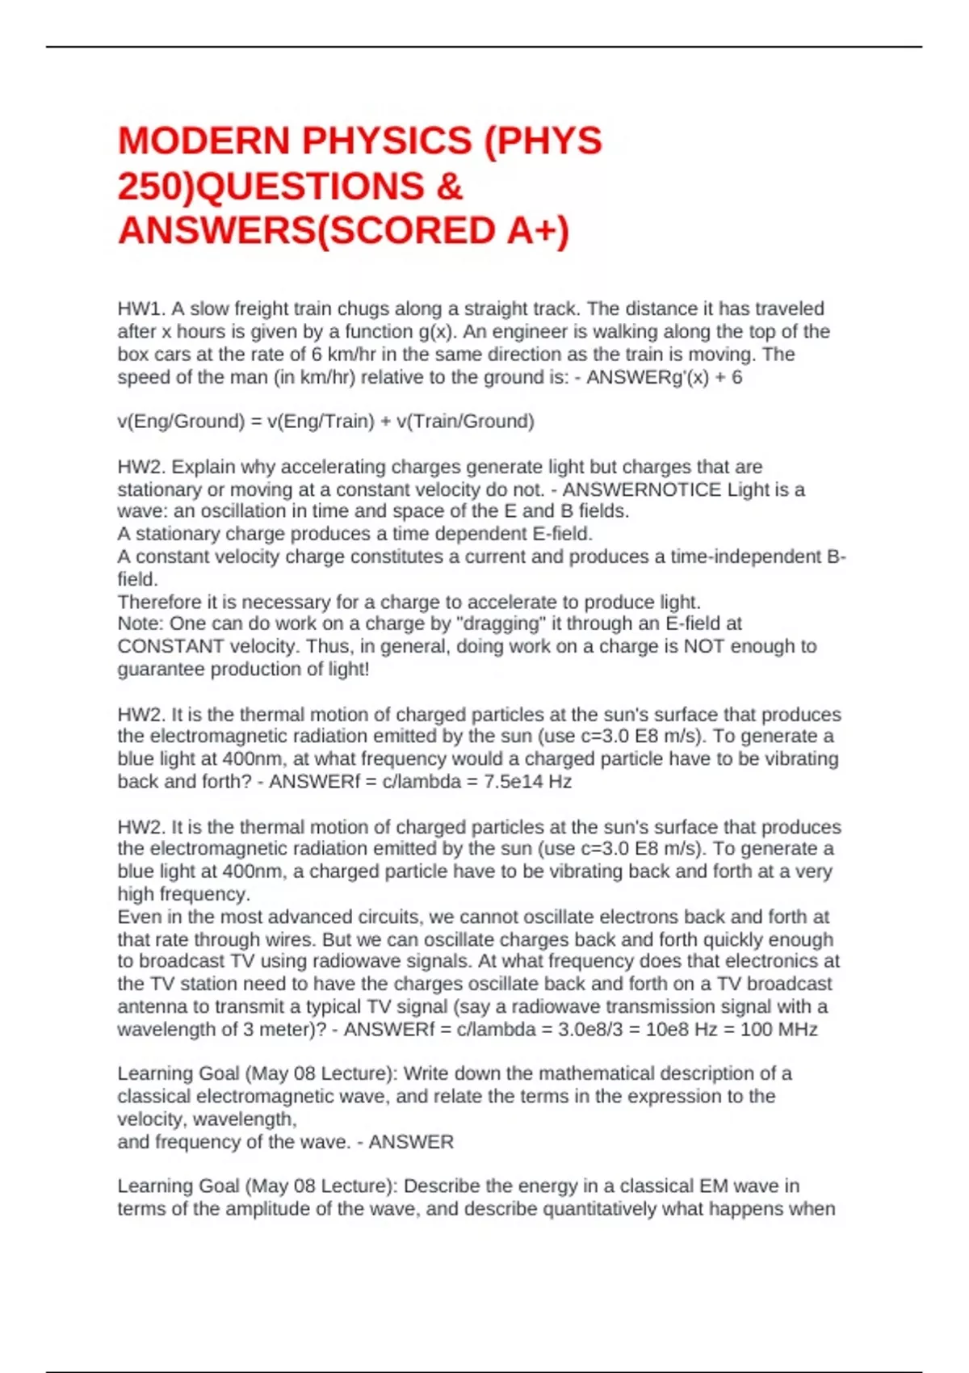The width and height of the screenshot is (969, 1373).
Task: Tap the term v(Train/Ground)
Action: (465, 421)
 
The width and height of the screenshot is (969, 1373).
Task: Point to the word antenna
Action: (151, 1006)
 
